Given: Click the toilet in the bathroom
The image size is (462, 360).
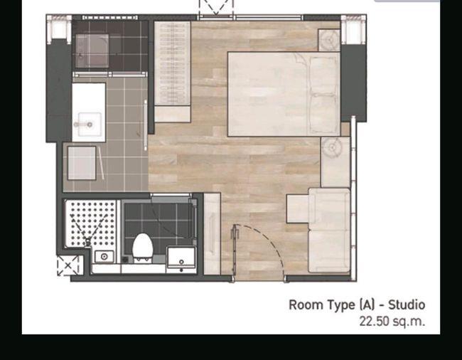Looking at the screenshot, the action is [143, 247].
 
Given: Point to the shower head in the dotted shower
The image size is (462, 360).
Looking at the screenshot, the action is [87, 243].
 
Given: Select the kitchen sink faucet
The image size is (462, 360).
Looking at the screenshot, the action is [82, 125].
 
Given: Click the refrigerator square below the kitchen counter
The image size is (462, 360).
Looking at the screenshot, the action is [82, 163].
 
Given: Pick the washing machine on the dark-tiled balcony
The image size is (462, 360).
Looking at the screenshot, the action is [92, 51].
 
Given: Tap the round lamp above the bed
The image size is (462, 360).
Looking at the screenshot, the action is [330, 40].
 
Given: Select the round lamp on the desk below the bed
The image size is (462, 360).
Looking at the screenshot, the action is [332, 147].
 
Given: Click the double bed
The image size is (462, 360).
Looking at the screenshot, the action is [284, 94].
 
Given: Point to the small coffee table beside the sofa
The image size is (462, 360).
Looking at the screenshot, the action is [298, 208].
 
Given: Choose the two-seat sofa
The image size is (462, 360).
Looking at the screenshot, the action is [329, 231].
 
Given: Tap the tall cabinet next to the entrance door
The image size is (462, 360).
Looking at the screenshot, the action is [212, 234].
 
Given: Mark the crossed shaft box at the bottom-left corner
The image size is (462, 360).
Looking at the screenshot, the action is [68, 265].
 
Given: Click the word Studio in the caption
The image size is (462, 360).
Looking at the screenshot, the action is [407, 305].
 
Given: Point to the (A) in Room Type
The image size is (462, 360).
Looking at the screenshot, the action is [366, 305].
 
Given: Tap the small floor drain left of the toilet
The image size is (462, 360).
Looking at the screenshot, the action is [125, 260].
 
